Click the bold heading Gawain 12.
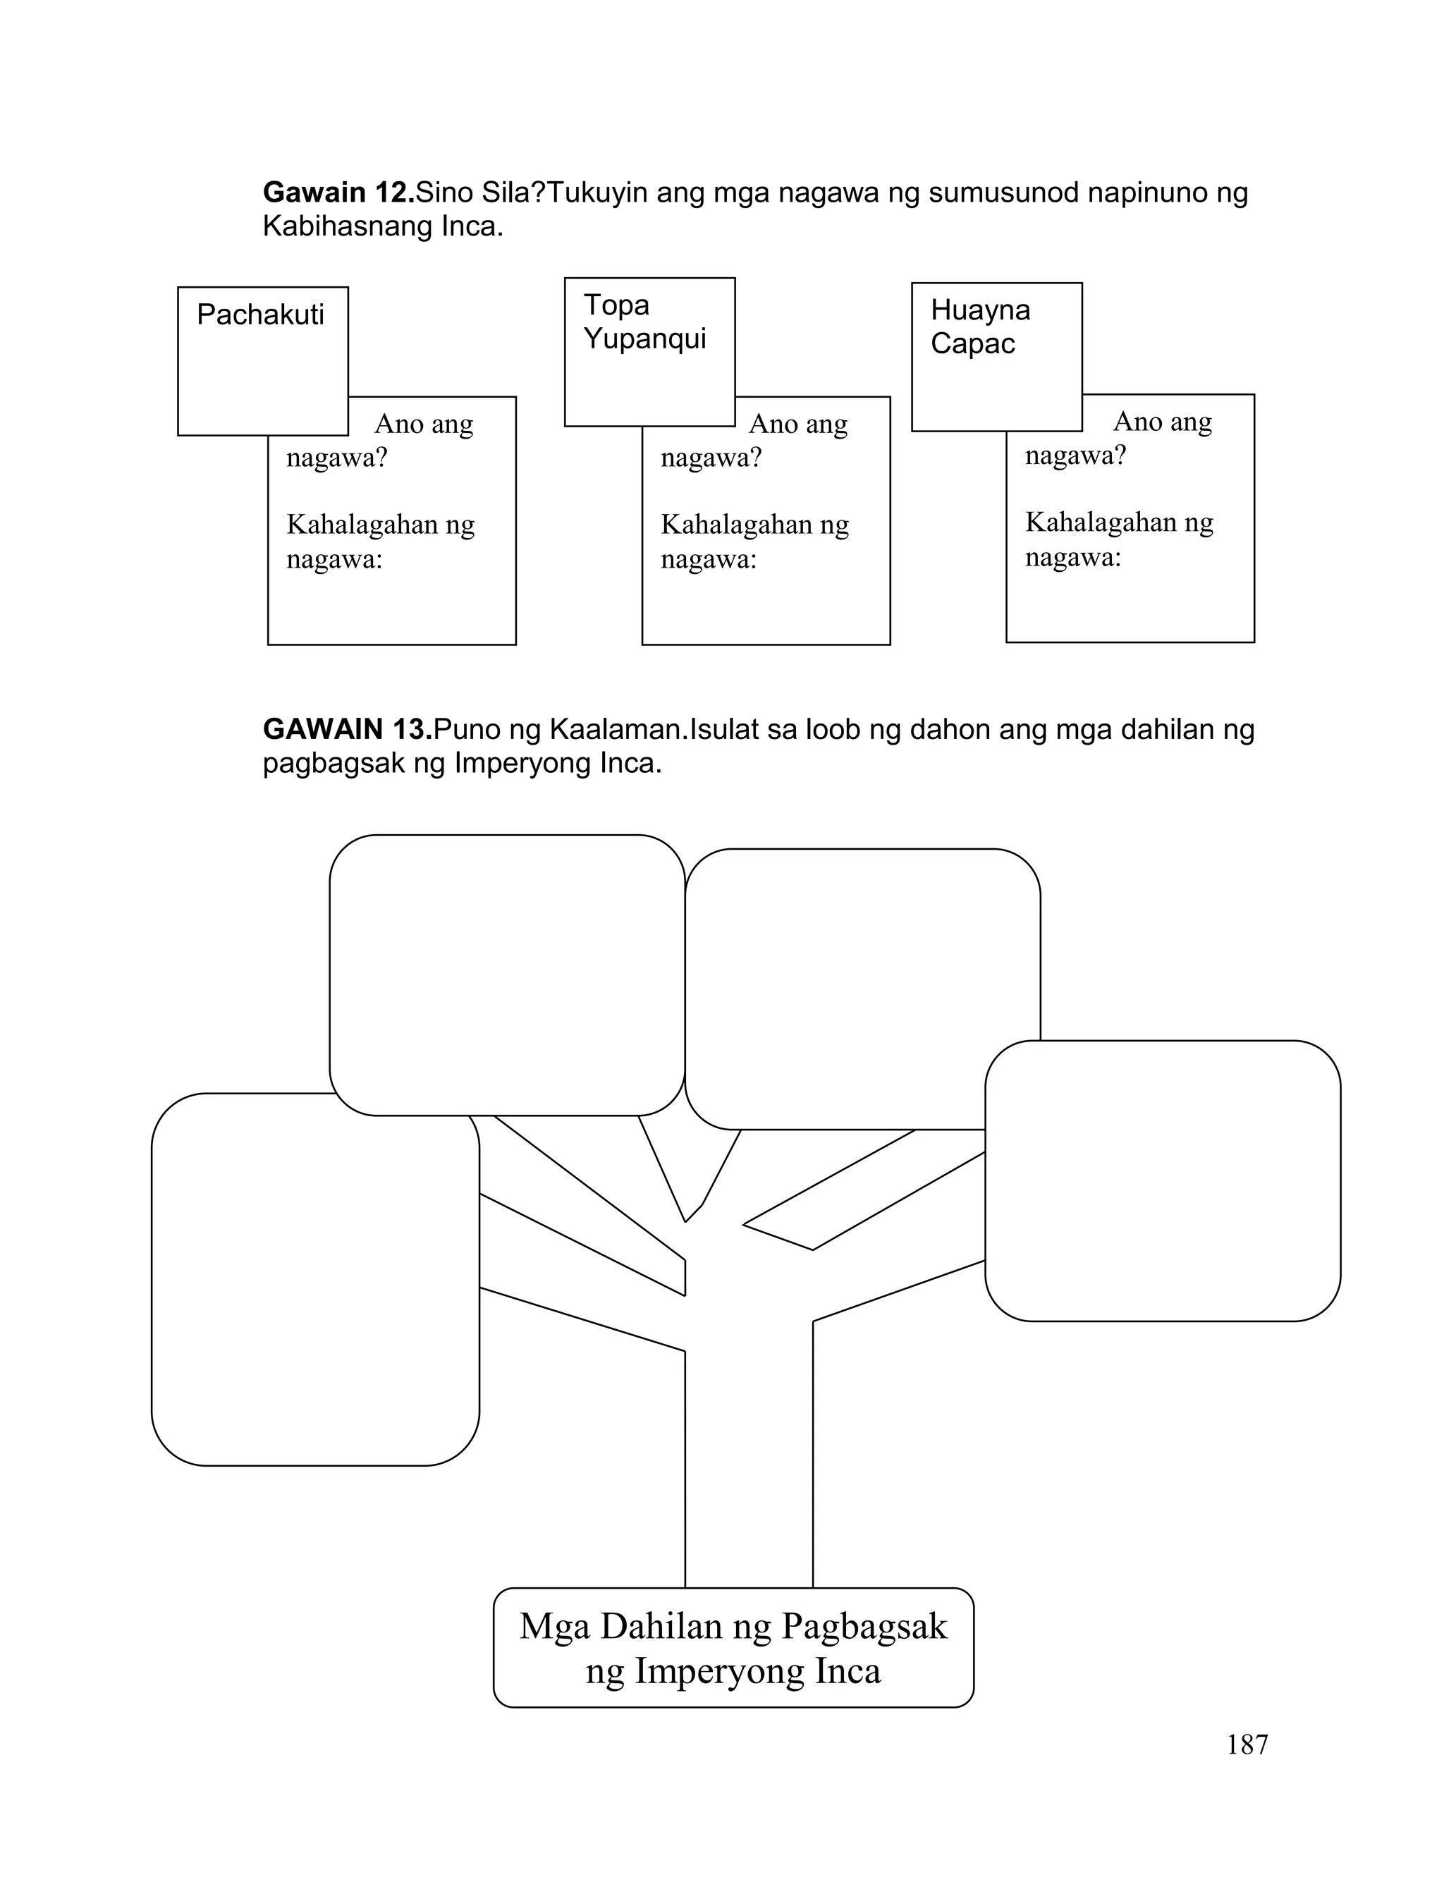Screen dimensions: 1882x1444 coord(338,193)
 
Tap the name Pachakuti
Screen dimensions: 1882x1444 coord(260,314)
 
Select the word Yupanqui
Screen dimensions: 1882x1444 coord(644,338)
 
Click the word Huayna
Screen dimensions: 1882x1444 coord(980,310)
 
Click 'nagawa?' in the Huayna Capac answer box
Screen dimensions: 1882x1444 coord(1075,455)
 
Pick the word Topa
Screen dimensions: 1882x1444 coord(616,305)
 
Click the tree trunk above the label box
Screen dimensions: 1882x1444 coord(749,1461)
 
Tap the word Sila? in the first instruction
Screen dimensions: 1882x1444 coord(513,193)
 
